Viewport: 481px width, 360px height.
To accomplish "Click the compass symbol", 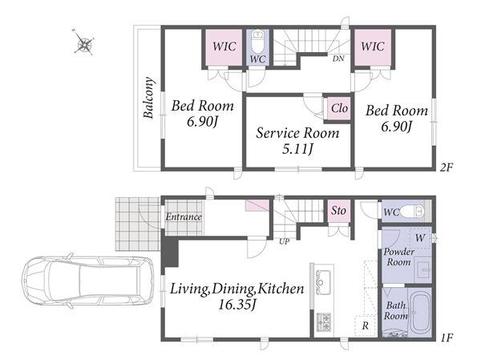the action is pos(83,42).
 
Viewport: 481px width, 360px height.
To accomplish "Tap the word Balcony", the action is pos(148,98).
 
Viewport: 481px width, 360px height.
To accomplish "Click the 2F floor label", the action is pos(446,168).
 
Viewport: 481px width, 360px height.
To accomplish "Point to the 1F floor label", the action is pos(447,338).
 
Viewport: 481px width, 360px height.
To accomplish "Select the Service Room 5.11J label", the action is pos(297,140).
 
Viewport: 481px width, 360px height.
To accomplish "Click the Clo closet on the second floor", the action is pos(339,108).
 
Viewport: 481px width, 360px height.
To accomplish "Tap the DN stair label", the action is pos(338,59).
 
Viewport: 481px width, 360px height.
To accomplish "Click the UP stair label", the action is pos(284,241).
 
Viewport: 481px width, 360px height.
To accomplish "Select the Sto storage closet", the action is pos(338,211).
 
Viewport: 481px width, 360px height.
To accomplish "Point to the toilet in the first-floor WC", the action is pos(413,211).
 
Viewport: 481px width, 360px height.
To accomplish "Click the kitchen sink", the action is pos(323,277).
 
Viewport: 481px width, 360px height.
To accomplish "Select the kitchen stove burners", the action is pos(324,322).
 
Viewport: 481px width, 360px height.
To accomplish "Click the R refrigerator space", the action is pos(366,326).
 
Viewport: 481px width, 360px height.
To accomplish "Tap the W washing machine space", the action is pos(420,238).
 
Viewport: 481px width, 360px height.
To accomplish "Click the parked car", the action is pos(87,281).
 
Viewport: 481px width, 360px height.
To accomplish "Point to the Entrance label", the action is pos(184,217).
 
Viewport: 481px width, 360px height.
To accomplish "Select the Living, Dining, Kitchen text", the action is pos(236,289).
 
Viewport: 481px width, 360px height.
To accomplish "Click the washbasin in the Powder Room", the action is pos(424,269).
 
